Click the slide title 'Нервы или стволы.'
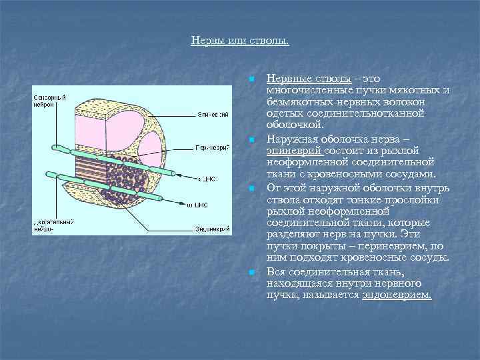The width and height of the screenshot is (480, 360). (240, 41)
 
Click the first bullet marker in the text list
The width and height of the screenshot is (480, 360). (250, 80)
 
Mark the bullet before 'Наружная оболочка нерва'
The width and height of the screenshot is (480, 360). (250, 141)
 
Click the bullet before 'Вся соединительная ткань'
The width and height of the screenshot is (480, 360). (250, 273)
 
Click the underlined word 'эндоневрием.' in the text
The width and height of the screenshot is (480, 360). (397, 293)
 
